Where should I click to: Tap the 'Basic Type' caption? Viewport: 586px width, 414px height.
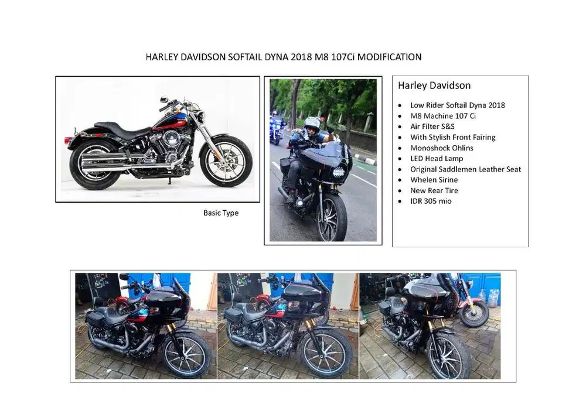221,213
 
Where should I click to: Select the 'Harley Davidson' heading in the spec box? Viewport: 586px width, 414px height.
434,85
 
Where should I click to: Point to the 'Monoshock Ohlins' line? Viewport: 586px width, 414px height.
442,148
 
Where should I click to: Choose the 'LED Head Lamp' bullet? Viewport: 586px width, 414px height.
437,159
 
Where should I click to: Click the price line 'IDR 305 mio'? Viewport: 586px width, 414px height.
431,201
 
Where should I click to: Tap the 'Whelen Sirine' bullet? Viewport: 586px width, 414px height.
434,180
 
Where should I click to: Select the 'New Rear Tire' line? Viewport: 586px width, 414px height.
434,190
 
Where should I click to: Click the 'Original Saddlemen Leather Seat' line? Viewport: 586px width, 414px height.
465,169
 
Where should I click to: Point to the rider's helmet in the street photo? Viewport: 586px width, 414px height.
312,124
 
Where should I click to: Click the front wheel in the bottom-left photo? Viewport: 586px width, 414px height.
186,353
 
